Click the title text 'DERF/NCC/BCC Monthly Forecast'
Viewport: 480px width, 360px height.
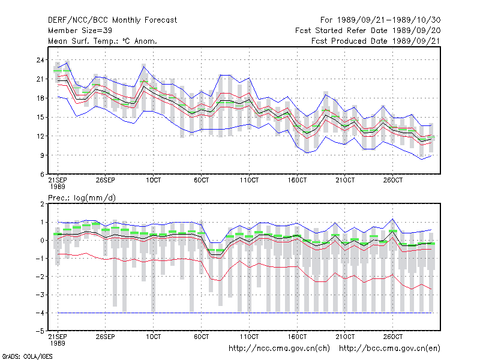pyautogui.click(x=112, y=20)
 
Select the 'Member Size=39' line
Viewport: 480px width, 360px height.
pyautogui.click(x=80, y=31)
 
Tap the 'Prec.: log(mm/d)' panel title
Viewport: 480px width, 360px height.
pyautogui.click(x=82, y=198)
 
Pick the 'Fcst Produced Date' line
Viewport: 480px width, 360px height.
pyautogui.click(x=376, y=41)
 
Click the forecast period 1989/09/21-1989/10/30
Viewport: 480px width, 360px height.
pyautogui.click(x=389, y=20)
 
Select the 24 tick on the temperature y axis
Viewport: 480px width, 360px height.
pyautogui.click(x=40, y=60)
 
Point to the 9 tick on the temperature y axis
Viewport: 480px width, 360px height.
pyautogui.click(x=42, y=155)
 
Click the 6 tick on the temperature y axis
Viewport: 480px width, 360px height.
pyautogui.click(x=42, y=175)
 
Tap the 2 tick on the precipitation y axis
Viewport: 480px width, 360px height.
pyautogui.click(x=42, y=204)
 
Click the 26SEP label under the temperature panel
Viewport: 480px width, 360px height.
pyautogui.click(x=106, y=180)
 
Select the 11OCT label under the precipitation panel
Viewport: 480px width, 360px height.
pyautogui.click(x=249, y=337)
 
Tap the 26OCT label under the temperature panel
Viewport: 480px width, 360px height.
pyautogui.click(x=393, y=180)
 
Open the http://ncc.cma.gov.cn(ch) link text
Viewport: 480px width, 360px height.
pyautogui.click(x=279, y=349)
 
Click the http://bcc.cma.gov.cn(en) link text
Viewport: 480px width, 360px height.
pyautogui.click(x=389, y=349)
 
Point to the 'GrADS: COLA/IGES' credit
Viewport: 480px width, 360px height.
pyautogui.click(x=27, y=356)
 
